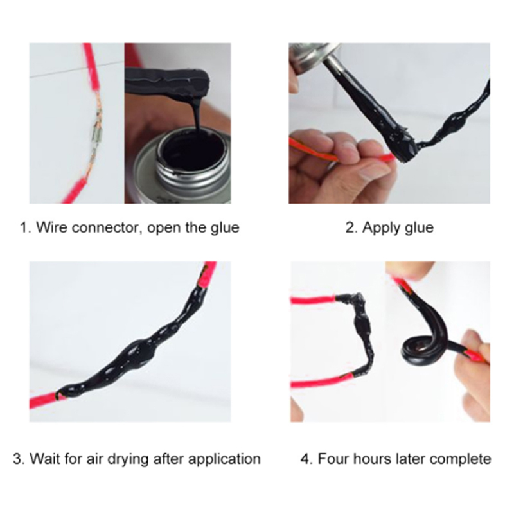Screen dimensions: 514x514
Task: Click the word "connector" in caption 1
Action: point(107,227)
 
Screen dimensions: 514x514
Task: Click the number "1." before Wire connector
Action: point(25,227)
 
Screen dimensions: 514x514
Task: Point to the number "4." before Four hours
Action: point(306,458)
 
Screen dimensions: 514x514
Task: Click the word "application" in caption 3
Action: point(224,459)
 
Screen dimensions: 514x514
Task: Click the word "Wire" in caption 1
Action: point(51,227)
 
